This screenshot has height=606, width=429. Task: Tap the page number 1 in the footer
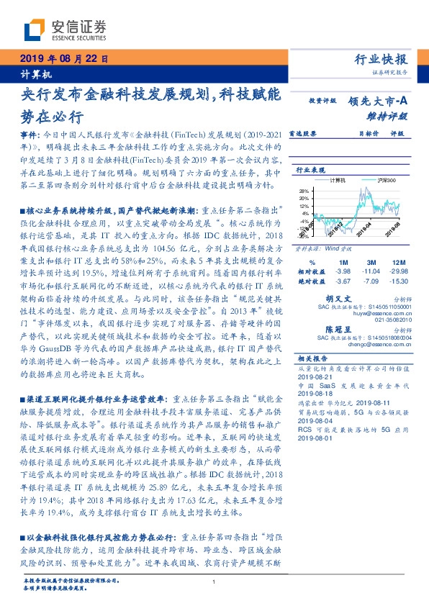(x=214, y=582)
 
